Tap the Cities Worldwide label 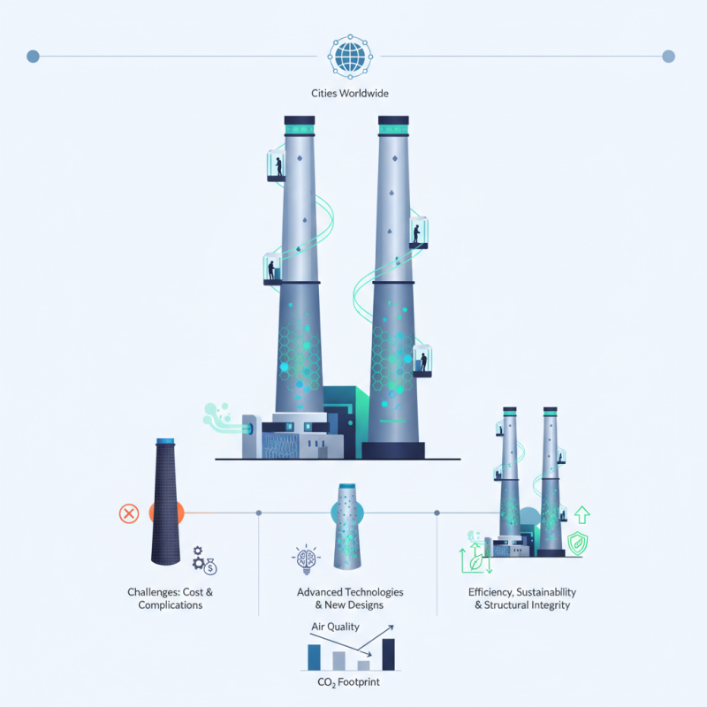tap(352, 94)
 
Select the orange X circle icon tap(129, 513)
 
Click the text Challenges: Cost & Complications tap(170, 598)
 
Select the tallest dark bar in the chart tap(387, 655)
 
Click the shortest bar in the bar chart tap(363, 665)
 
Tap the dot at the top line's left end tap(34, 57)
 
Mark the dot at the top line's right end tap(668, 57)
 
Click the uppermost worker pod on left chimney tap(277, 165)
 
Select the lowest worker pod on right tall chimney tap(423, 360)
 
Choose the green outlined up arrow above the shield tap(582, 514)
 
